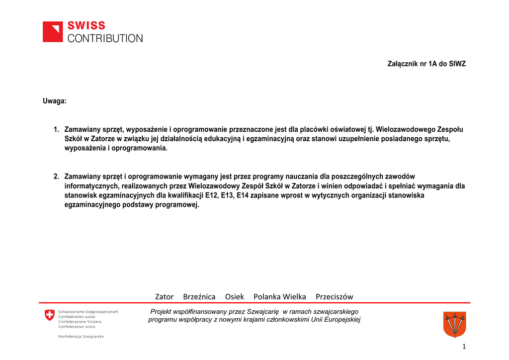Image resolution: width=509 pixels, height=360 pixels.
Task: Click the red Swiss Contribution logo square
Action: (x=53, y=32)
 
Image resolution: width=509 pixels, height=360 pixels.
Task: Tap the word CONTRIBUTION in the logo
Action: (x=105, y=38)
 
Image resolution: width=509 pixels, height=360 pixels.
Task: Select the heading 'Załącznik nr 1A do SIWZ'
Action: (x=426, y=64)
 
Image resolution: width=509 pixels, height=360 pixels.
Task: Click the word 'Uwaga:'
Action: (x=54, y=101)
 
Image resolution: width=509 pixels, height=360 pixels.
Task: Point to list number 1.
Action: (x=57, y=129)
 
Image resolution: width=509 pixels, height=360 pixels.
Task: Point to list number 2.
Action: (x=57, y=177)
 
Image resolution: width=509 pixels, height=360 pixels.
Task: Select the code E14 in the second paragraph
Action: (x=243, y=195)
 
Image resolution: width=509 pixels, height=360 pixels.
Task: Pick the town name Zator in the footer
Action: (x=164, y=297)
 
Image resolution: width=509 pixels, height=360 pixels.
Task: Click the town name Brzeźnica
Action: (x=199, y=297)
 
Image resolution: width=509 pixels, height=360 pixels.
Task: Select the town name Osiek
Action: (x=235, y=297)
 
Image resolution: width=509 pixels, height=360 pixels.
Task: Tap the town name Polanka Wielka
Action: (x=280, y=297)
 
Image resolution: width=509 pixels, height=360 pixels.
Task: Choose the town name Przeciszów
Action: (x=335, y=297)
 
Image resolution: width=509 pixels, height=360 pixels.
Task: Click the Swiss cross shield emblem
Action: (x=49, y=315)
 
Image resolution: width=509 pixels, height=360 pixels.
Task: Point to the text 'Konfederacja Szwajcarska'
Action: (x=81, y=337)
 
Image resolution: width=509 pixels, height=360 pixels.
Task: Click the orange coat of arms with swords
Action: (x=454, y=324)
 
